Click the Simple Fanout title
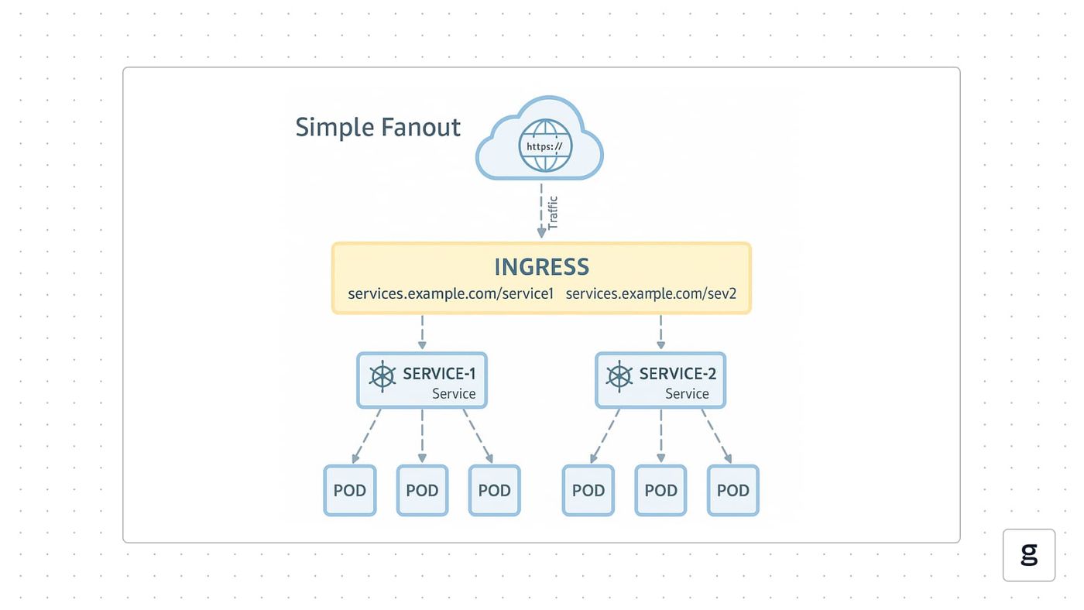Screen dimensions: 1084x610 click(378, 128)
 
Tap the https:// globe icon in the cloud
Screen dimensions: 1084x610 click(545, 146)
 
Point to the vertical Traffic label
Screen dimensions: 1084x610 click(553, 213)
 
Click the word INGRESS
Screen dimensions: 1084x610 click(541, 266)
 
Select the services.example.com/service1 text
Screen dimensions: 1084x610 click(451, 293)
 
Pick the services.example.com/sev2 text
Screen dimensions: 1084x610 click(651, 293)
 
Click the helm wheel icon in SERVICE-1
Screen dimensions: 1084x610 click(382, 376)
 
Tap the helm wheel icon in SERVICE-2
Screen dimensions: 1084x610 click(619, 376)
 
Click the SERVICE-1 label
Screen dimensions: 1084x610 click(439, 373)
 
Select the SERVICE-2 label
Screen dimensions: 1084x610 click(677, 373)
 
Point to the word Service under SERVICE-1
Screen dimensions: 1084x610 click(454, 394)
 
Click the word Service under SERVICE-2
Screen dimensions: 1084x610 click(688, 394)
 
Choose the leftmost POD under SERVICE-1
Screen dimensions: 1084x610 click(350, 491)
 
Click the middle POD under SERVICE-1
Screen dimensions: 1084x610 click(422, 491)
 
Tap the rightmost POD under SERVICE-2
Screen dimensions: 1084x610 click(733, 491)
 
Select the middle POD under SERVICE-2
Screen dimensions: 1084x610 click(660, 491)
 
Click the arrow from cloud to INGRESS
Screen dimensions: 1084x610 click(541, 211)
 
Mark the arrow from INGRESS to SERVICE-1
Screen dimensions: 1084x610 click(422, 332)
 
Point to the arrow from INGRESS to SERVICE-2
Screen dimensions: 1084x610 click(660, 332)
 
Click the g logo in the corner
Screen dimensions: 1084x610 click(1029, 555)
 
